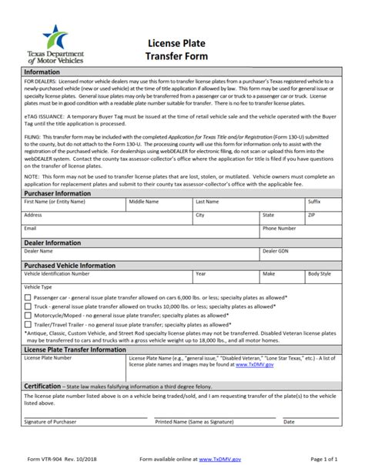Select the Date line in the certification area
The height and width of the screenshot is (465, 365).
point(312,416)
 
